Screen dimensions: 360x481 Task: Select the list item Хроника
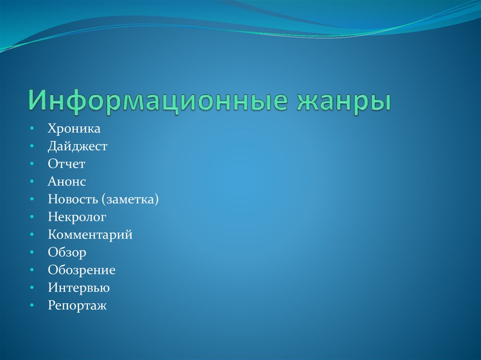coord(74,128)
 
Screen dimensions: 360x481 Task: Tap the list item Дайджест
coord(78,146)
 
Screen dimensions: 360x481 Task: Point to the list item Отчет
coord(66,164)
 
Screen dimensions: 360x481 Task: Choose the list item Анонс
coord(67,182)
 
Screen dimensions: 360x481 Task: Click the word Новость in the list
coord(71,199)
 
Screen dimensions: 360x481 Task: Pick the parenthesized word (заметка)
coord(129,199)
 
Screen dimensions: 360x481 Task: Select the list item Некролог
coord(77,217)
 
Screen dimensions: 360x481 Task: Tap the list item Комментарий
coord(90,235)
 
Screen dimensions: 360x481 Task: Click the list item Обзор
coord(67,253)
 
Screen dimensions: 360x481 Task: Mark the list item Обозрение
coord(81,270)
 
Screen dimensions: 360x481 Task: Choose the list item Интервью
coord(78,288)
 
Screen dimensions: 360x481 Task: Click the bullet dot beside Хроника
coord(31,129)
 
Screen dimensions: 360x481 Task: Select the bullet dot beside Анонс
coord(31,182)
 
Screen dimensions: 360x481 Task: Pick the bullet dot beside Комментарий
coord(31,235)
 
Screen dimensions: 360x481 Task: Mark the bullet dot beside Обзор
coord(31,253)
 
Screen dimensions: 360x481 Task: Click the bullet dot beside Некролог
coord(31,217)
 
